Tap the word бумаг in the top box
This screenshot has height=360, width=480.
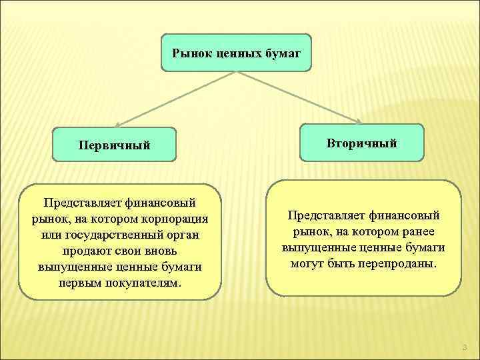pyautogui.click(x=282, y=52)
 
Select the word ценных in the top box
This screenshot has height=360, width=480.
pyautogui.click(x=239, y=52)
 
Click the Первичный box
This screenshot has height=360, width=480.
pyautogui.click(x=114, y=145)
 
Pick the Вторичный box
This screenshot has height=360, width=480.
pyautogui.click(x=362, y=143)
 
